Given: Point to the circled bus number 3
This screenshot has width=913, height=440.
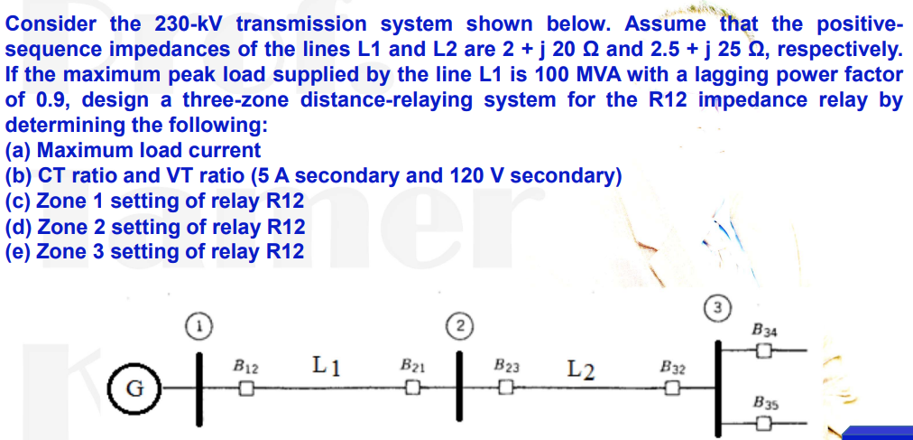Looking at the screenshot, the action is click(x=717, y=308).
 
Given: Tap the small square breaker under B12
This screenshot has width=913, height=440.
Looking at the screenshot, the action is click(x=244, y=389).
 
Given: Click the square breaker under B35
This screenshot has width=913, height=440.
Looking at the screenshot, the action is click(x=764, y=423).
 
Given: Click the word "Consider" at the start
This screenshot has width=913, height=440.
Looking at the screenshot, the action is click(x=45, y=24).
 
